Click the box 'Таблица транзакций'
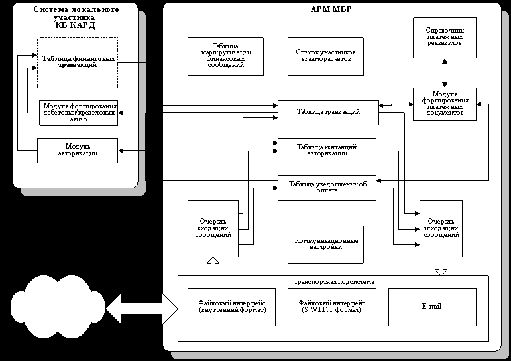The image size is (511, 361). point(327,112)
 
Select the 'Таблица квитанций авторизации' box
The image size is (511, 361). point(327,149)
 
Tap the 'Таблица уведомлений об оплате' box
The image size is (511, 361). point(327,186)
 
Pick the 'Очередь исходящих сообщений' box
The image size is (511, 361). point(440,228)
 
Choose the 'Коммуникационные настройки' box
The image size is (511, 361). point(327,243)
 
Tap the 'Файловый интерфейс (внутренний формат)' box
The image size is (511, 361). point(227,307)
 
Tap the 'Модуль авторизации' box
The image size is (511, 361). point(78,150)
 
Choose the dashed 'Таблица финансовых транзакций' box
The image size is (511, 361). point(78,62)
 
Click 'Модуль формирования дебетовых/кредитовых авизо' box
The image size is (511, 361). point(78,112)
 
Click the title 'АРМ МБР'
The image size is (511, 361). point(330,9)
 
